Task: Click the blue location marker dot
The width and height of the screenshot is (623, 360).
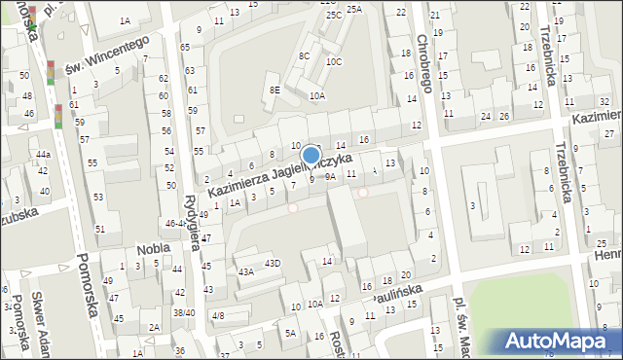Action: [x=311, y=155]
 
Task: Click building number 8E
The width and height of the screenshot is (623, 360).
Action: [x=275, y=90]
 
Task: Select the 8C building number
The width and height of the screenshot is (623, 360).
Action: [x=305, y=56]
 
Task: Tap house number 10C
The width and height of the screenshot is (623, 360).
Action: [x=335, y=61]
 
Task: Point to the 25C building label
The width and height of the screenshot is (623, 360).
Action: [x=334, y=16]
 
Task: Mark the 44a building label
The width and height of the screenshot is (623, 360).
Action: [x=43, y=155]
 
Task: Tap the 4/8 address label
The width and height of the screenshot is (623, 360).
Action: [x=218, y=315]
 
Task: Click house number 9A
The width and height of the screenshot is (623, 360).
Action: [x=330, y=177]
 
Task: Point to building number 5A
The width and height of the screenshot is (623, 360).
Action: [x=290, y=333]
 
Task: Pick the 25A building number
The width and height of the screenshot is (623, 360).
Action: [x=354, y=9]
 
